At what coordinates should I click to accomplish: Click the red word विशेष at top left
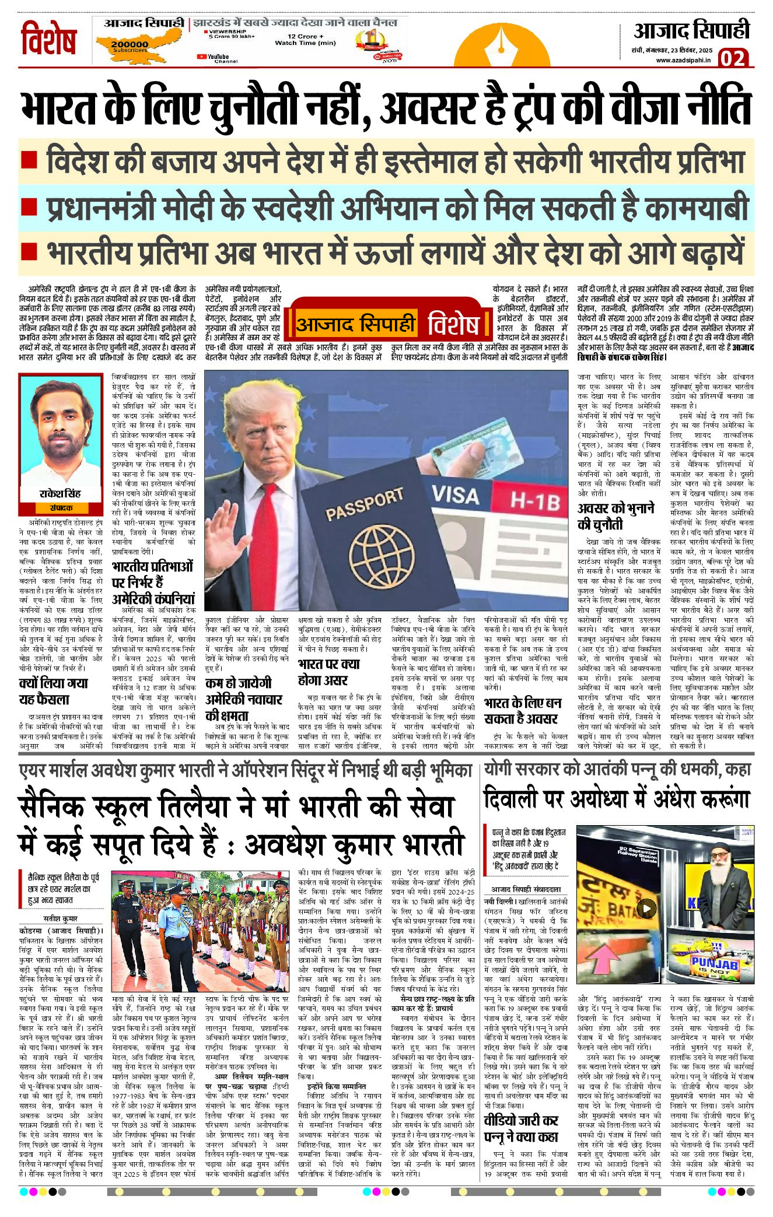tap(49, 39)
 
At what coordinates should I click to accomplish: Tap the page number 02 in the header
tap(732, 58)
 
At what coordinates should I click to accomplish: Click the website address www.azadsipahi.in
tap(683, 59)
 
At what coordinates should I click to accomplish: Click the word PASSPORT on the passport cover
tap(364, 505)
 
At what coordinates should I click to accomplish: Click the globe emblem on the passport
tap(376, 554)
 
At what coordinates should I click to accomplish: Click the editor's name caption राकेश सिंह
tap(60, 493)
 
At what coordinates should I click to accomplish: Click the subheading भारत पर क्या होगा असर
tap(328, 672)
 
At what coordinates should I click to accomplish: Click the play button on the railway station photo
tap(646, 908)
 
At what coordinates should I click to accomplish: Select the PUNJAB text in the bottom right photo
tap(714, 963)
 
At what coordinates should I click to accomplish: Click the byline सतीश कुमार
tap(61, 918)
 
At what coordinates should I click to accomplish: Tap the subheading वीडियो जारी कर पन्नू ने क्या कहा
tap(521, 1129)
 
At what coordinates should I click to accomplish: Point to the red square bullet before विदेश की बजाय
tap(29, 159)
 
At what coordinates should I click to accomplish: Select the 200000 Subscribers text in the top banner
tap(130, 45)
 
